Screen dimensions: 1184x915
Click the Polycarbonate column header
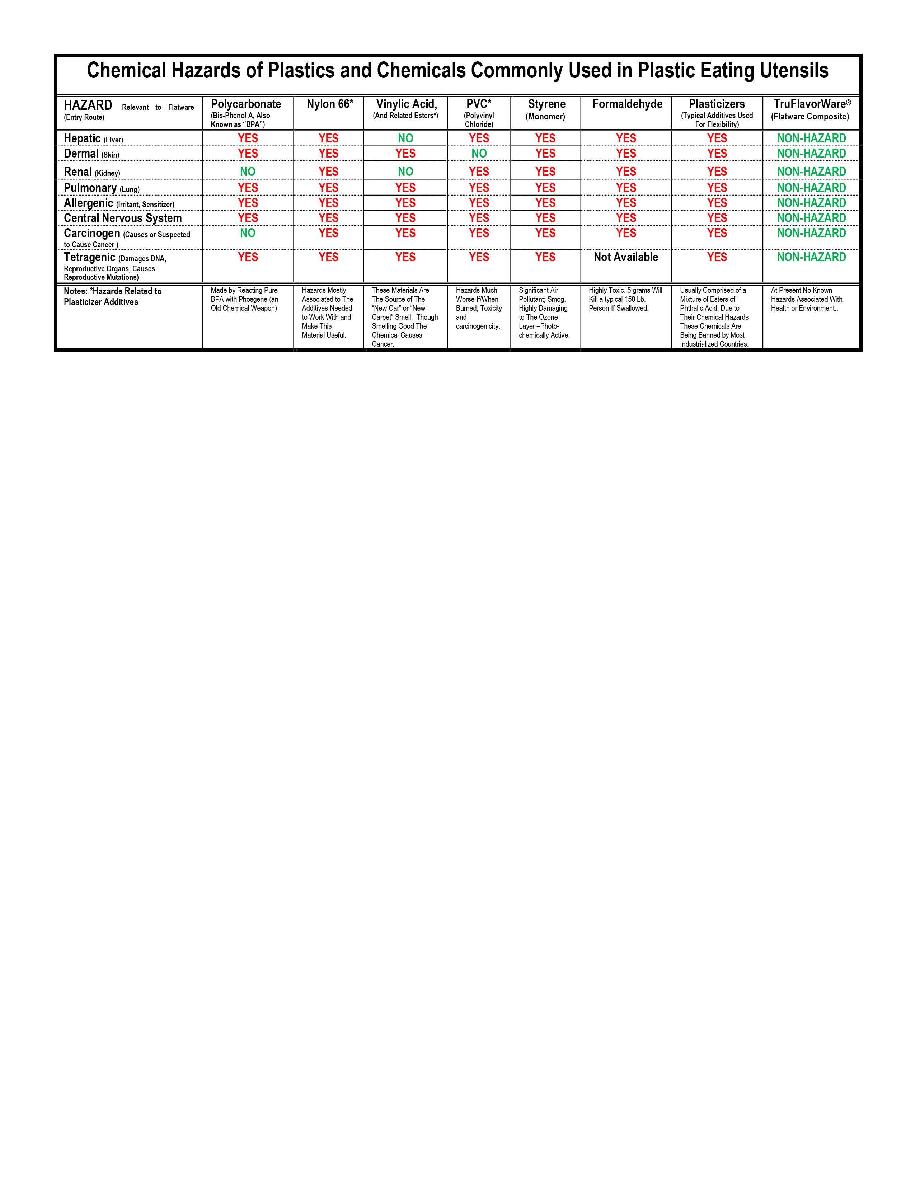tap(246, 104)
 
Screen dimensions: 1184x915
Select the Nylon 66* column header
tap(329, 104)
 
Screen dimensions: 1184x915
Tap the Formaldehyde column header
tap(627, 104)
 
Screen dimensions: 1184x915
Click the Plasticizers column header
tap(717, 104)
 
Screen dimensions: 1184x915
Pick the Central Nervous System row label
tap(122, 218)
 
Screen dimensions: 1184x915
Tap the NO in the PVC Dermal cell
tap(479, 154)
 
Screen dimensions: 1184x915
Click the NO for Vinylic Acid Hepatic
tap(405, 138)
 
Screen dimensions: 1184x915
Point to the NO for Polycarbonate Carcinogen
tap(248, 233)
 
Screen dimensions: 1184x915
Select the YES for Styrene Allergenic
tap(545, 203)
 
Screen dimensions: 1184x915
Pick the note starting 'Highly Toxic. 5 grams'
tap(625, 299)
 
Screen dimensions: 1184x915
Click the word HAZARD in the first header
tap(88, 105)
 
